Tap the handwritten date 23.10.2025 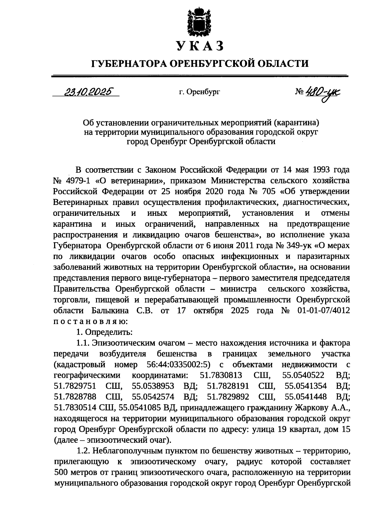pos(88,92)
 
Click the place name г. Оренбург pos(199,92)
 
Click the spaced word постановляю pos(90,321)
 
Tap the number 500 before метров pos(62,473)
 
